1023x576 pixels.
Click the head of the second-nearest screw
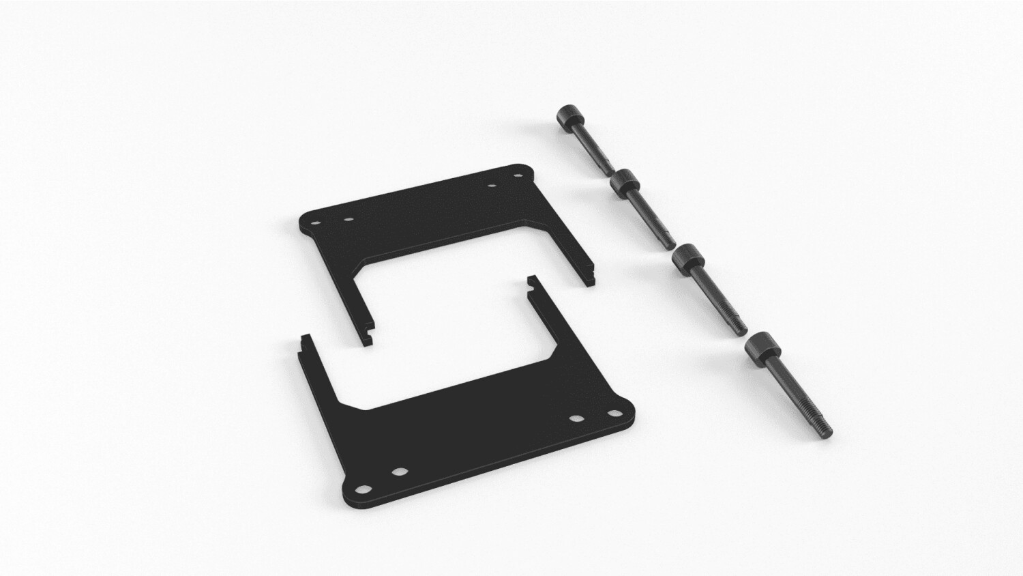click(687, 262)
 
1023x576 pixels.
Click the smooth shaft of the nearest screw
click(791, 389)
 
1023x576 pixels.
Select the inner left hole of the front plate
click(399, 472)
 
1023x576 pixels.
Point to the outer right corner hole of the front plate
click(612, 413)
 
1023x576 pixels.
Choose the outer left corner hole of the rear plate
click(314, 222)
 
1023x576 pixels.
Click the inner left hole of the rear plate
click(348, 220)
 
